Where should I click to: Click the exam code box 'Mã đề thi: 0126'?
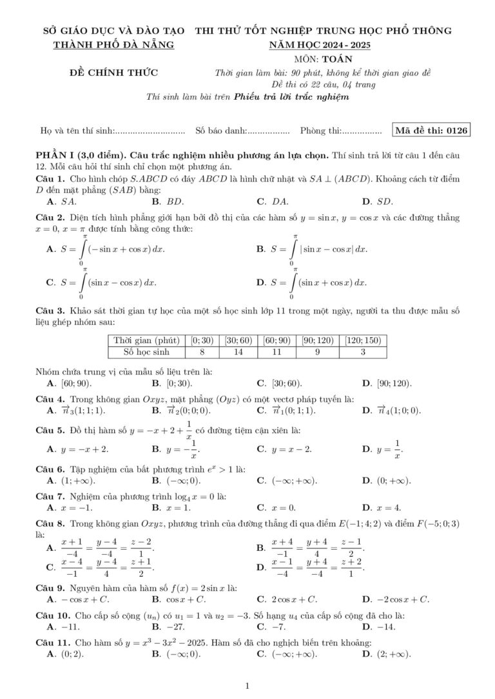point(431,131)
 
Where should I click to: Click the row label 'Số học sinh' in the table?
point(146,352)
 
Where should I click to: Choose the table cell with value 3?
point(363,352)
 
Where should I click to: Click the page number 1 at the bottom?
point(247,686)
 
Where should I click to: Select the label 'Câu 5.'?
point(50,431)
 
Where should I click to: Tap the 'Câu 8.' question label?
point(50,524)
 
